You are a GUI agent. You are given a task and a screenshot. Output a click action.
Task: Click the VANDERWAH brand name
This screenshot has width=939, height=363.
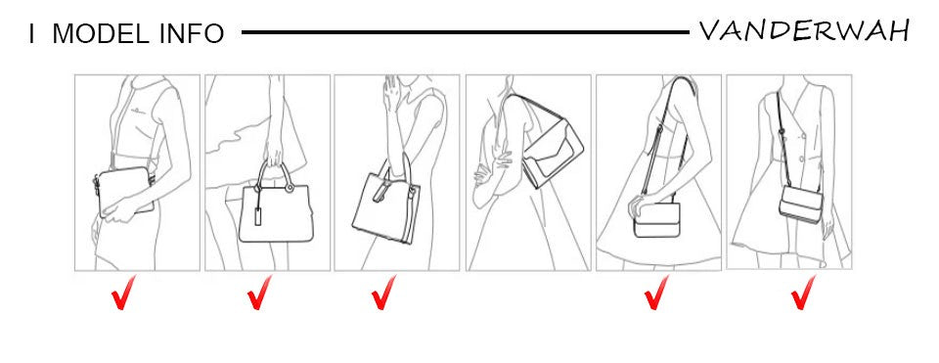[x=804, y=30]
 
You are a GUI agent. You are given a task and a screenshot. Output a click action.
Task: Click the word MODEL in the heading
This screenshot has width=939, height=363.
[x=102, y=34]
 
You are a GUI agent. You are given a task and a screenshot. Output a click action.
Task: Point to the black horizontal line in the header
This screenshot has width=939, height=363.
[x=466, y=32]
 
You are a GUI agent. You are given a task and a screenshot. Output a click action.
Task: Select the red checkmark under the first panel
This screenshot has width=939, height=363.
[x=123, y=293]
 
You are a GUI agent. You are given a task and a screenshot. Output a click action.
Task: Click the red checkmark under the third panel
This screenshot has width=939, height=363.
[x=383, y=293]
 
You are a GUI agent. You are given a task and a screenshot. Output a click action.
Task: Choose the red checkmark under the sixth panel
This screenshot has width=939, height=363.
[x=803, y=293]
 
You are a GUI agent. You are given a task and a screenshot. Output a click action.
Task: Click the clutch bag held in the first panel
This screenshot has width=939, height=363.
[x=124, y=191]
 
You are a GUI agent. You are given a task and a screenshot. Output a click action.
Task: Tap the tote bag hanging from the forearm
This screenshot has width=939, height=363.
[x=386, y=204]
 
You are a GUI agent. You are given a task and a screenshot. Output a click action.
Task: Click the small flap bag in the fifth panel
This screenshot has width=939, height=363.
[x=656, y=219]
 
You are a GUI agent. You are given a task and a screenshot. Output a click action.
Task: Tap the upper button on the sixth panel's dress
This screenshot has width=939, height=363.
[x=802, y=137]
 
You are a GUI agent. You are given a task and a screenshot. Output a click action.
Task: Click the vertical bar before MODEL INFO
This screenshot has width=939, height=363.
[x=31, y=34]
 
